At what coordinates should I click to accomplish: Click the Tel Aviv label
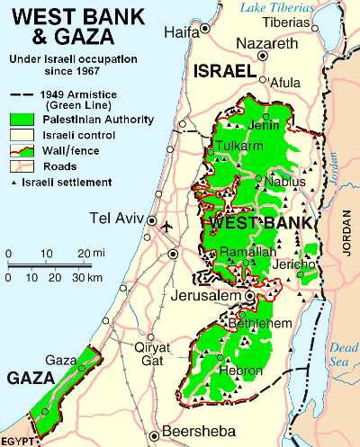[117, 218]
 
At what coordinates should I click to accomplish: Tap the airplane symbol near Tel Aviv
[166, 226]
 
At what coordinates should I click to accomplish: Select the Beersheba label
[197, 431]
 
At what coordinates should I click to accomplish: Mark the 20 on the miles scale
[83, 254]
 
